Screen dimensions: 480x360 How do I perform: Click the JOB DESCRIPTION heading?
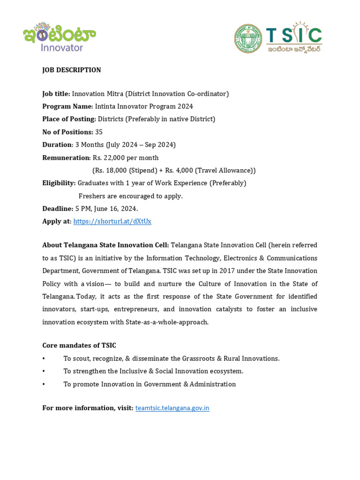click(x=71, y=70)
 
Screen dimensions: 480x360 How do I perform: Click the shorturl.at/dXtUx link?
click(x=112, y=221)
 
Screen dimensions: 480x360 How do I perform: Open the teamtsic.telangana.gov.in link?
click(x=172, y=408)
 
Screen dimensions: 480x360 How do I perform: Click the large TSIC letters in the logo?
click(x=294, y=35)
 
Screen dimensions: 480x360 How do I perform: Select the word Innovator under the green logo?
click(x=62, y=47)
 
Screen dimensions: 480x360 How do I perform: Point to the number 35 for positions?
click(x=98, y=132)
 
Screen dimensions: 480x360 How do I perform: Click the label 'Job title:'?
click(x=56, y=94)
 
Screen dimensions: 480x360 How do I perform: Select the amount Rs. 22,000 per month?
click(x=126, y=157)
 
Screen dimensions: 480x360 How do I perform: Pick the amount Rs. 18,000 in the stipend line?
click(x=111, y=170)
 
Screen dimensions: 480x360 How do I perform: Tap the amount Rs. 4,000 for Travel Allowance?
click(x=179, y=170)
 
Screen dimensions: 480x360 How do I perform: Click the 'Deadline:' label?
click(x=58, y=209)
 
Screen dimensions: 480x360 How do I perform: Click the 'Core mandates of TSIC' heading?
click(x=79, y=345)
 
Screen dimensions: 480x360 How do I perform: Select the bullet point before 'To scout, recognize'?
click(x=44, y=359)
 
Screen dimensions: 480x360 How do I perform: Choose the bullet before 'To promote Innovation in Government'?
click(x=44, y=384)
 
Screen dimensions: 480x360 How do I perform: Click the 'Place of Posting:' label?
click(x=69, y=119)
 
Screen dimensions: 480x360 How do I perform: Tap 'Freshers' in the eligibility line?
click(x=92, y=196)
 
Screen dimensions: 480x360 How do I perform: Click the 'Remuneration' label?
click(x=66, y=157)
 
